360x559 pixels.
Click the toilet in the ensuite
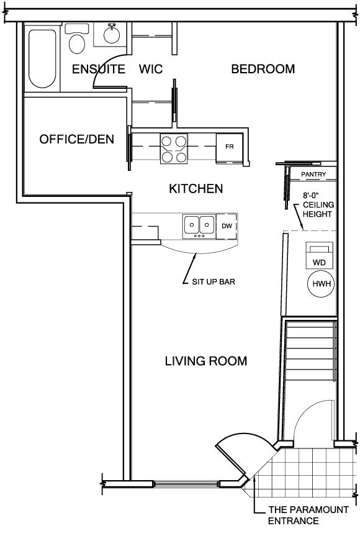[x=76, y=39]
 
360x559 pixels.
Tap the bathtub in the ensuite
[x=42, y=58]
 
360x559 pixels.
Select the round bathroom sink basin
[x=111, y=34]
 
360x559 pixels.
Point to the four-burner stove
[x=174, y=149]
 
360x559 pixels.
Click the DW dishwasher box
[x=227, y=226]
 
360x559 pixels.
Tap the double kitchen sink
[x=199, y=226]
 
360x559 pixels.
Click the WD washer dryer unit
[x=320, y=255]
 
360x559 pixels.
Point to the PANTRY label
[x=313, y=175]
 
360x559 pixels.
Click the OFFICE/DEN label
[x=76, y=139]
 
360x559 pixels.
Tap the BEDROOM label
[x=263, y=69]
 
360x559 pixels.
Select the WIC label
[x=151, y=69]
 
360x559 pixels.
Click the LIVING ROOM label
[x=206, y=361]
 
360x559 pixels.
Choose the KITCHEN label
[x=196, y=189]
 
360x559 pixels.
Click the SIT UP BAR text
[x=214, y=281]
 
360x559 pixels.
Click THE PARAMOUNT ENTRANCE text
[x=308, y=515]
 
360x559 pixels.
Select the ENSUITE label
[x=99, y=69]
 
